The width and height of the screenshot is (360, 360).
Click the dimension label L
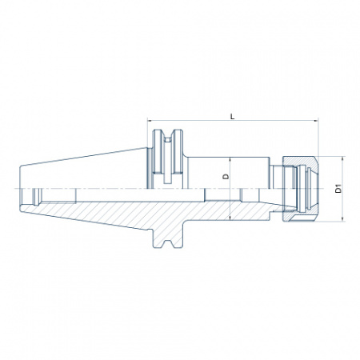click(233, 116)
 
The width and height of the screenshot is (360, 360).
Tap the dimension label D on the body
click(226, 176)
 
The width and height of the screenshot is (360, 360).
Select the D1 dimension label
click(338, 189)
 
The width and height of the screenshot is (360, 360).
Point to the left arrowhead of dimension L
click(150, 121)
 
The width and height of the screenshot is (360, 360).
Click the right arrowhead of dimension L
click(316, 121)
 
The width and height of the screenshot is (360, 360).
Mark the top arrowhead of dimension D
click(230, 159)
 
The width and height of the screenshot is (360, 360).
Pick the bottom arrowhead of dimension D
click(230, 218)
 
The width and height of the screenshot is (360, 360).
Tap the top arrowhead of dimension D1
click(343, 158)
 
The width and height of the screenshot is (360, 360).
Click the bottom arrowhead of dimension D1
click(343, 219)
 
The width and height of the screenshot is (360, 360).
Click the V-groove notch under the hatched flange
click(168, 244)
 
